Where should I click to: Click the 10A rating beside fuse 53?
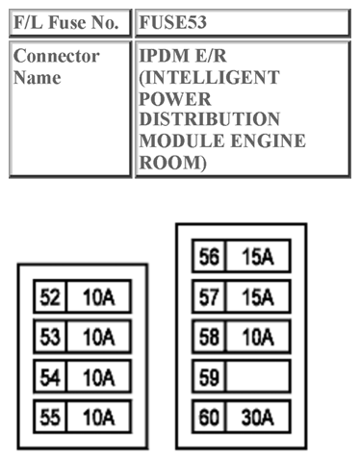98,338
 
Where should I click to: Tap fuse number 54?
49,377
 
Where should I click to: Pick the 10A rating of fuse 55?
98,417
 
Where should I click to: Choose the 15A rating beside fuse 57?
258,297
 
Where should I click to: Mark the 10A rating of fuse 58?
258,337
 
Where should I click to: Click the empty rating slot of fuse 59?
258,376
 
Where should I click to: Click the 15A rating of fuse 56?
258,258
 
